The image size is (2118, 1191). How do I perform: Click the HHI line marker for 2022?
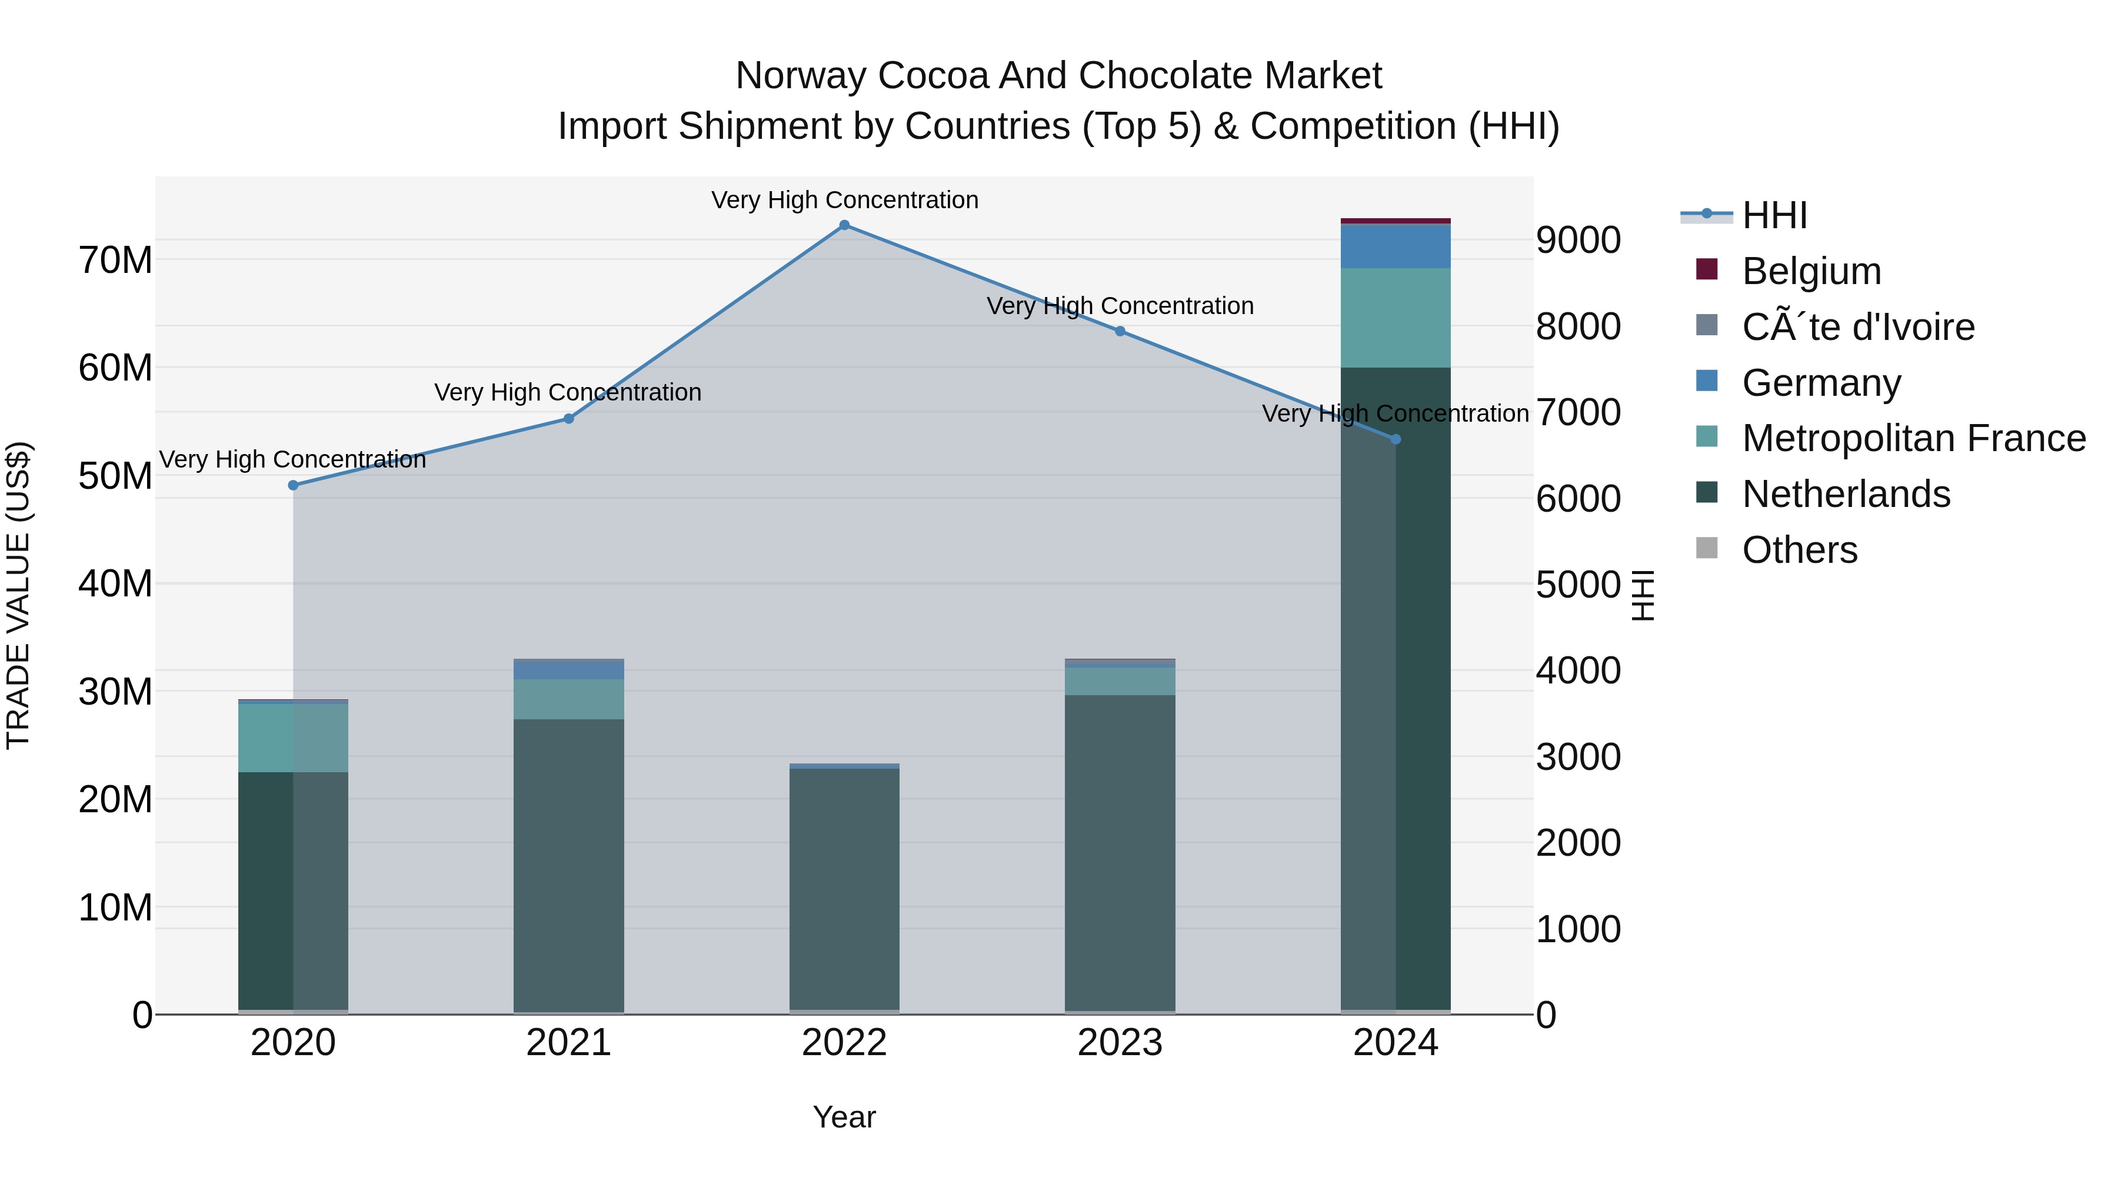pyautogui.click(x=844, y=225)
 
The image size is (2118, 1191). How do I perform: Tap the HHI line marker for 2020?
pyautogui.click(x=294, y=485)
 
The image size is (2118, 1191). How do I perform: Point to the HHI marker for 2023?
pyautogui.click(x=1120, y=331)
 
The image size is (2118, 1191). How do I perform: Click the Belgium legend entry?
pyautogui.click(x=1811, y=271)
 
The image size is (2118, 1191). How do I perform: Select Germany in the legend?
pyautogui.click(x=1821, y=383)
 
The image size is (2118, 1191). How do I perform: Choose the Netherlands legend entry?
pyautogui.click(x=1846, y=495)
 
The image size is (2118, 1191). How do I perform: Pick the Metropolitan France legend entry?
pyautogui.click(x=1913, y=439)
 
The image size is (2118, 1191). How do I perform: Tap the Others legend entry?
pyautogui.click(x=1799, y=550)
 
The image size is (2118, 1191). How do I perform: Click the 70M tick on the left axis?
pyautogui.click(x=116, y=261)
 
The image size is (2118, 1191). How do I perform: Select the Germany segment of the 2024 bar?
pyautogui.click(x=1396, y=246)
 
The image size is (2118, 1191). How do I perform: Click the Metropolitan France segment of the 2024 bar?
pyautogui.click(x=1396, y=317)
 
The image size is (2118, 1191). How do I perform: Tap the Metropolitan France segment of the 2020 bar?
pyautogui.click(x=294, y=738)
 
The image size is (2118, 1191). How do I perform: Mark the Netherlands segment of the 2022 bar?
pyautogui.click(x=844, y=888)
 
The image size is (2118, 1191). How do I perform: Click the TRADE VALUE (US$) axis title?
pyautogui.click(x=18, y=595)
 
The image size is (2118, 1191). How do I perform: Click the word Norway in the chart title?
pyautogui.click(x=802, y=76)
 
